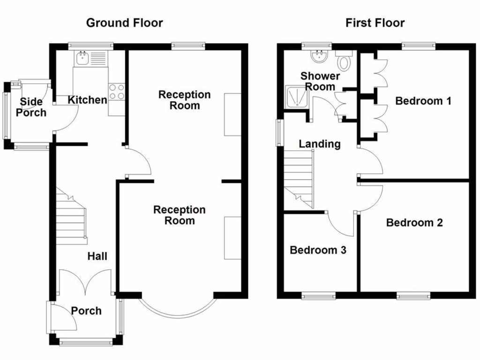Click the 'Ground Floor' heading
pos(124,22)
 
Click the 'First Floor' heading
pos(375,22)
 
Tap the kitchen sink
pos(83,58)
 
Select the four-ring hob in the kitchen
pos(116,91)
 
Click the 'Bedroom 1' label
pos(423,101)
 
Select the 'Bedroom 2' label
pos(414,223)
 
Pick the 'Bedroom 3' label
pos(318,250)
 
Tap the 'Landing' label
pos(320,144)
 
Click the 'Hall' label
pos(97,256)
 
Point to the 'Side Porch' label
pos(31,107)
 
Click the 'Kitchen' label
pos(87,100)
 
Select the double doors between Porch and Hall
pos(86,281)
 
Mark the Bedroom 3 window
pos(318,296)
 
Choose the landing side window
pos(279,133)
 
